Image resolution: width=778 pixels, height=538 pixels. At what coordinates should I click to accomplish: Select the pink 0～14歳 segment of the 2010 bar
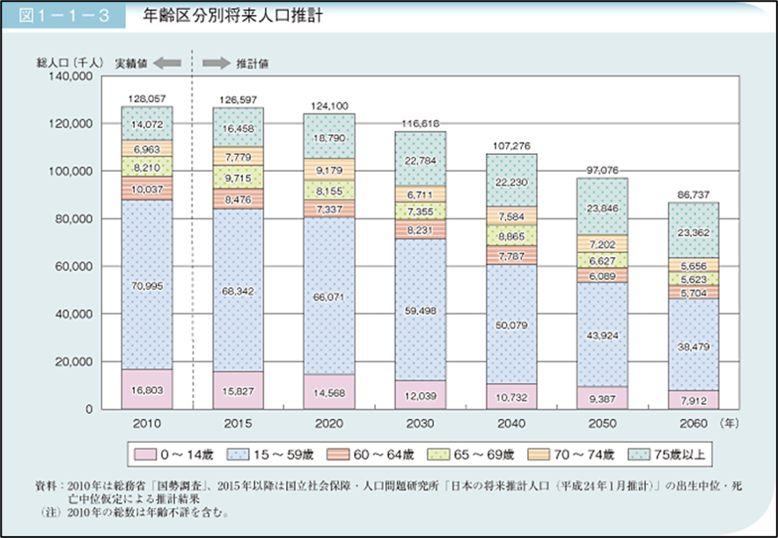(x=146, y=388)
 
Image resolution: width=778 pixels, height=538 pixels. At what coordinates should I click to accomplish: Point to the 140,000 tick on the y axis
(x=72, y=77)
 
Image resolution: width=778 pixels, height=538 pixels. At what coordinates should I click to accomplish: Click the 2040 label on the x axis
(x=511, y=424)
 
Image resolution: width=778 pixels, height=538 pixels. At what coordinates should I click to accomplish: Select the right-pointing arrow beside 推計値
(x=216, y=63)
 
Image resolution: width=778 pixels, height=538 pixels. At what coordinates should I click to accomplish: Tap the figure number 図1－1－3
(x=61, y=17)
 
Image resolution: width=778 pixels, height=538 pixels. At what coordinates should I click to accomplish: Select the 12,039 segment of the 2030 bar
(x=420, y=394)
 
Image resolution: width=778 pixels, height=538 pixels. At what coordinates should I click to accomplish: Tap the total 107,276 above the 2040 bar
(x=511, y=145)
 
